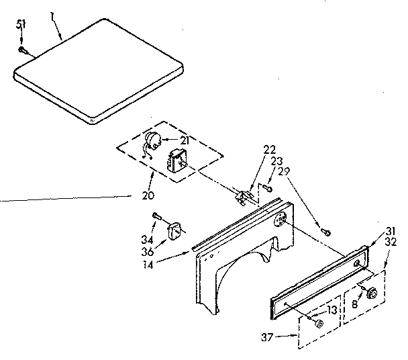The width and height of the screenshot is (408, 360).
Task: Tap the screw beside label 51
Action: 23,49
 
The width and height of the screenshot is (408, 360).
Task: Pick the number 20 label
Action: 148,196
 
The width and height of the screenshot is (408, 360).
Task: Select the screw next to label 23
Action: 267,189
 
